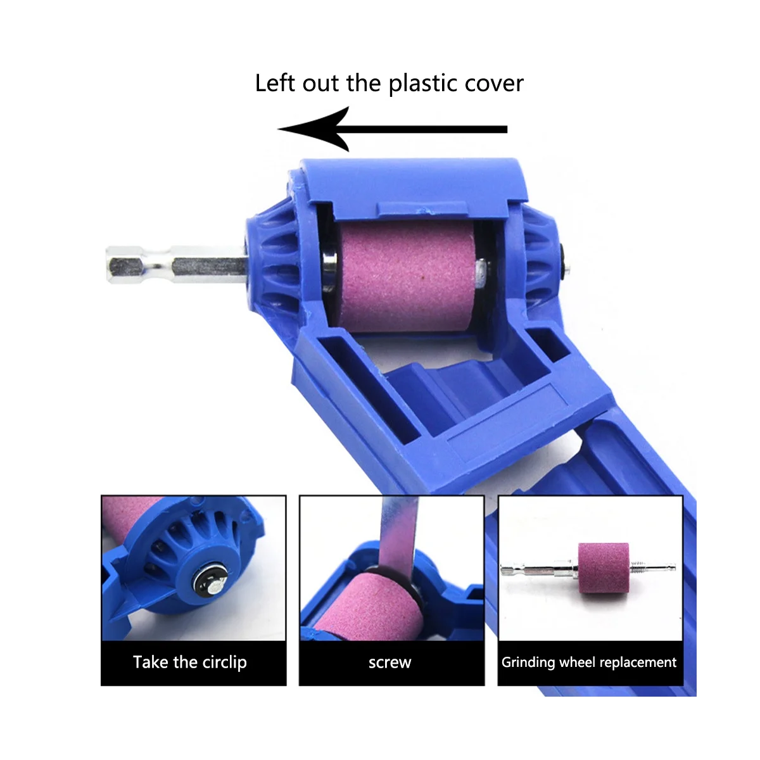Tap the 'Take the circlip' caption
click(190, 662)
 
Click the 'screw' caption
click(389, 662)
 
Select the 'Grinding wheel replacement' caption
click(589, 662)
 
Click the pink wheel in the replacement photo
click(603, 567)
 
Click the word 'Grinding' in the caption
click(528, 662)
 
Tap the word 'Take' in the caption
click(151, 662)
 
